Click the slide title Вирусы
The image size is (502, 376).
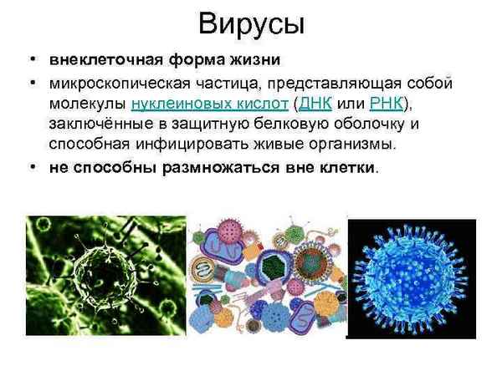tap(251, 24)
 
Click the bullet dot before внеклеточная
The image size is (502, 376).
tap(32, 62)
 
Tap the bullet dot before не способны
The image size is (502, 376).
tap(32, 166)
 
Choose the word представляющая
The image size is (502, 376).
tap(359, 84)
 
